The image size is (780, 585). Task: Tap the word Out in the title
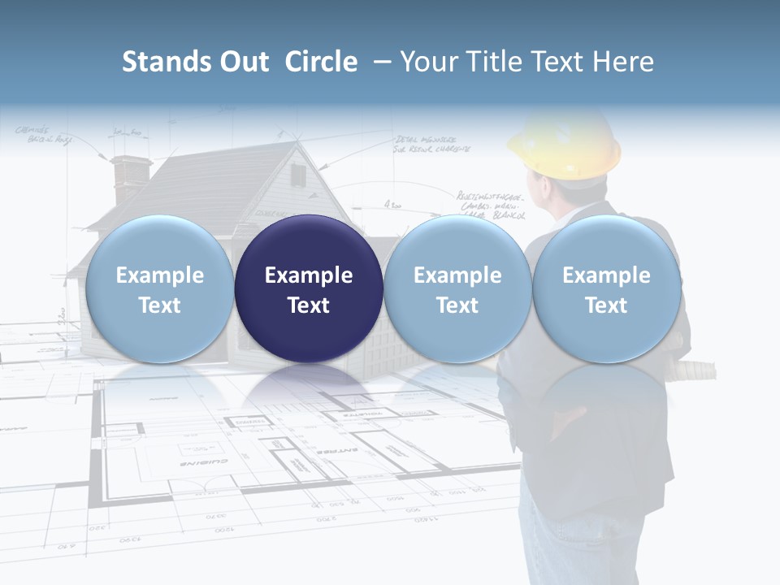[x=241, y=62]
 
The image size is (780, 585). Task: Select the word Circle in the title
[x=321, y=62]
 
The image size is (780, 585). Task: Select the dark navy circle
[x=309, y=288]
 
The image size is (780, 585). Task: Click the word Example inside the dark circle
[x=309, y=275]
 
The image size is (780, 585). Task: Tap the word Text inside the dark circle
[x=309, y=305]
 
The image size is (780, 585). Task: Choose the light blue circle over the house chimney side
[x=159, y=288]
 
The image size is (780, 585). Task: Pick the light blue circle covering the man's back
[x=606, y=288]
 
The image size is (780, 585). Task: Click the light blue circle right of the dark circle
[x=457, y=288]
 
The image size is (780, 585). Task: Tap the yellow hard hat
[x=565, y=146]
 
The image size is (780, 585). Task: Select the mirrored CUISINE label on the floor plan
[x=203, y=462]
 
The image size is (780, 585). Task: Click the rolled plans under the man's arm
[x=699, y=370]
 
